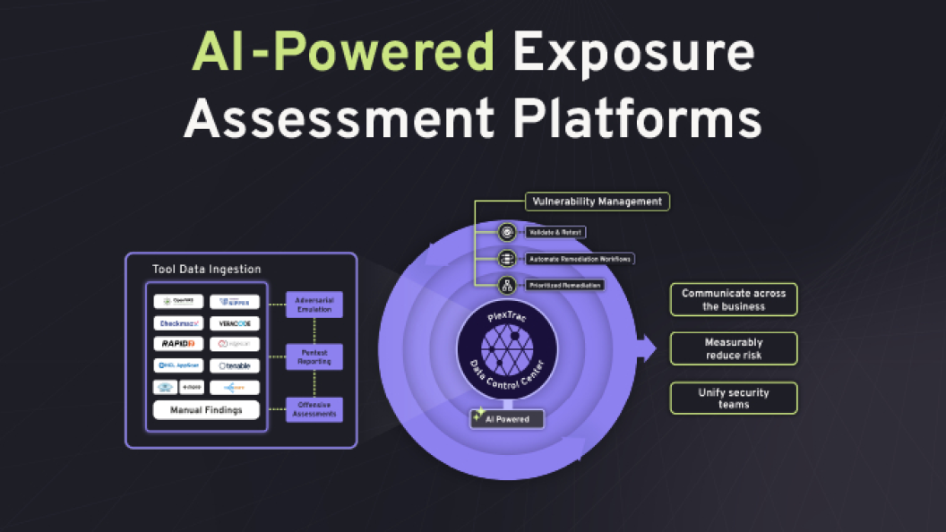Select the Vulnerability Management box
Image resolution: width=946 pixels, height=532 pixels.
click(x=597, y=202)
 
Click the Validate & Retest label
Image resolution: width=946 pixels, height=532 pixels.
click(x=555, y=232)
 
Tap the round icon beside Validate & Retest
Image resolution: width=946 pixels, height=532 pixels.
click(x=507, y=232)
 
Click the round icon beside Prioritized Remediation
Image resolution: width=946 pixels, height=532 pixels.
click(x=507, y=285)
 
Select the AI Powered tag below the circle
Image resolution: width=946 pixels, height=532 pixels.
click(x=507, y=418)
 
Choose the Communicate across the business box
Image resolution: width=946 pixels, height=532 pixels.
click(x=734, y=299)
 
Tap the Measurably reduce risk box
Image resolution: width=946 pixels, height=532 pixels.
click(x=734, y=348)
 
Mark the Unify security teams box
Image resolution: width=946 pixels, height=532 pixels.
click(x=734, y=399)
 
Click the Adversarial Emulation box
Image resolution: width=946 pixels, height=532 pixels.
click(x=314, y=305)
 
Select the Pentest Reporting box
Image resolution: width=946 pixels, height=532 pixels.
click(x=314, y=356)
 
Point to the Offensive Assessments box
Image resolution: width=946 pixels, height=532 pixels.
click(x=314, y=409)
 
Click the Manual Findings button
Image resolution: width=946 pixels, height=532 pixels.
click(x=206, y=410)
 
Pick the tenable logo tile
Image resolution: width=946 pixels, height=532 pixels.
click(x=234, y=365)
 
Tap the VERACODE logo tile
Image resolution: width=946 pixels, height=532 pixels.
click(x=234, y=322)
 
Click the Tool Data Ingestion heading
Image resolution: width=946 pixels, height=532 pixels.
click(x=207, y=269)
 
